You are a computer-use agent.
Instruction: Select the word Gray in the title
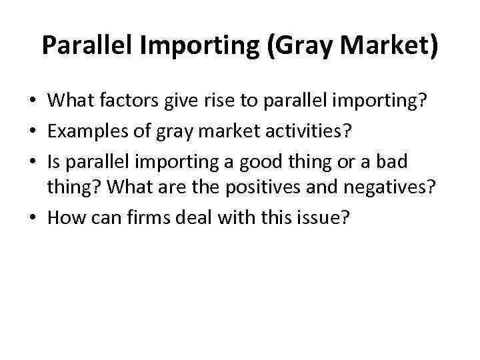point(292,46)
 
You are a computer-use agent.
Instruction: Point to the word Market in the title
point(380,46)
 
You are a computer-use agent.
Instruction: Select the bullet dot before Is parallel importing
point(32,161)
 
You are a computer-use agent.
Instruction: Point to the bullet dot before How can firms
point(32,217)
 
